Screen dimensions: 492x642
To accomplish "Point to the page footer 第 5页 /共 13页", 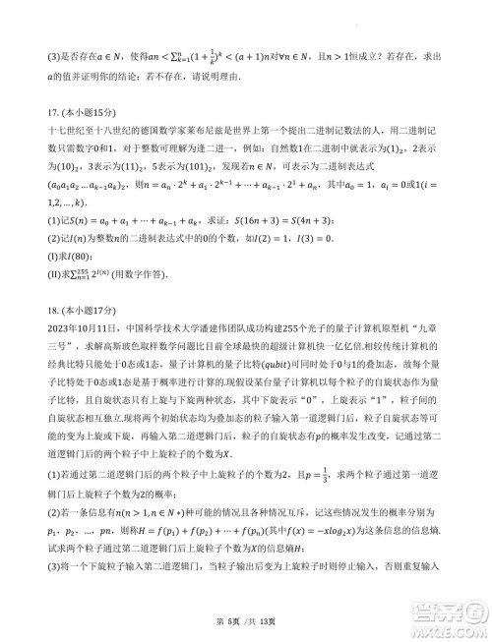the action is point(246,621).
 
